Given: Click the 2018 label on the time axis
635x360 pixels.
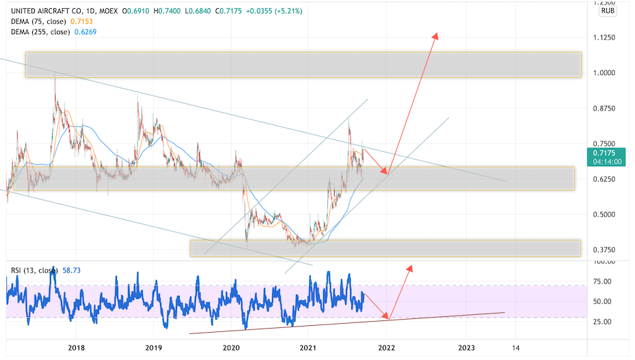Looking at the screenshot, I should coord(77,347).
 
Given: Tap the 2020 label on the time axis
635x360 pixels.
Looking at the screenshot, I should coord(232,347).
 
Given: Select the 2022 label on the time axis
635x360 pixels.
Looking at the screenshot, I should coord(387,347).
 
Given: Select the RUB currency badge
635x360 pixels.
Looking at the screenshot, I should coord(608,11).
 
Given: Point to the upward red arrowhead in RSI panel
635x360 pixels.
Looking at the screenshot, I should coord(411,266).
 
